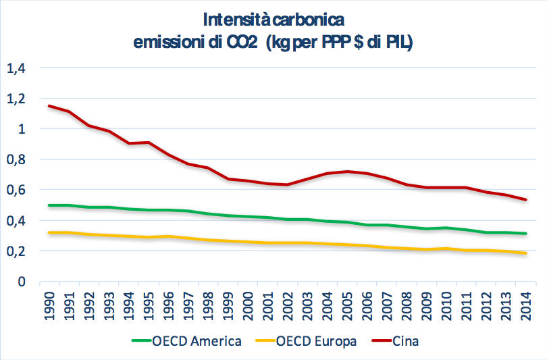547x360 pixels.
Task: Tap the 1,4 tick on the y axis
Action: [x=16, y=68]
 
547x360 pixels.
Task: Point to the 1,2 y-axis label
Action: [x=16, y=98]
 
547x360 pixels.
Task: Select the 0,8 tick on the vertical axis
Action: [x=16, y=159]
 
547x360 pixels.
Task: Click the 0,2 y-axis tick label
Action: [x=16, y=251]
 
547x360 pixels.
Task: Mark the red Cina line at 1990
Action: [x=48, y=106]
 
